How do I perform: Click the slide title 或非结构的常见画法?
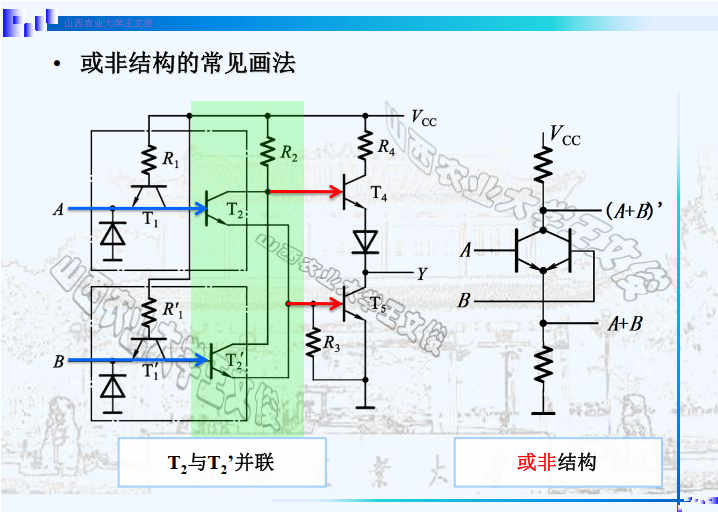(x=187, y=64)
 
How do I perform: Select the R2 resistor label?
(x=289, y=154)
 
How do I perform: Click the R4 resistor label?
(x=387, y=147)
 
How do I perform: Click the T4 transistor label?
(x=378, y=194)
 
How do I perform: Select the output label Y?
(x=421, y=272)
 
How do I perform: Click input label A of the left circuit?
(x=58, y=209)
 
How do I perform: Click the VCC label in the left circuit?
(x=424, y=119)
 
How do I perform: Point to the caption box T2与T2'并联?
(x=222, y=463)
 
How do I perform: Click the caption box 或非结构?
(x=557, y=463)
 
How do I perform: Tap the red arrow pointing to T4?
(x=305, y=190)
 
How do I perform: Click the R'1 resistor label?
(x=172, y=310)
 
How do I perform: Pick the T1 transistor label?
(x=150, y=220)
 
